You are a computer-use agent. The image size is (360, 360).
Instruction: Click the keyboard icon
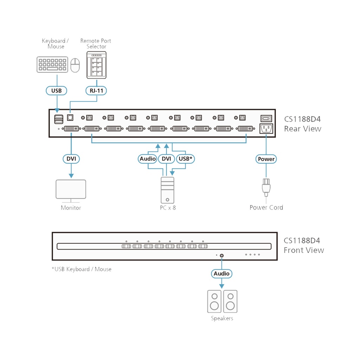pyautogui.click(x=52, y=65)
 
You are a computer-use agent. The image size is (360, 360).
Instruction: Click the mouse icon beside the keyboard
pyautogui.click(x=75, y=65)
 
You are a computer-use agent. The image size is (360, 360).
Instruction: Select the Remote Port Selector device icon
pyautogui.click(x=96, y=65)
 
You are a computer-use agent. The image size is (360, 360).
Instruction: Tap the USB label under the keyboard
pyautogui.click(x=56, y=91)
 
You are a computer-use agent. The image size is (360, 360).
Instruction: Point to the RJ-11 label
pyautogui.click(x=96, y=91)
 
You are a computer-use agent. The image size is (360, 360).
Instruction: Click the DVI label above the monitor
pyautogui.click(x=71, y=159)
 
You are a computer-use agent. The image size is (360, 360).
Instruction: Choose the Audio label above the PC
pyautogui.click(x=148, y=159)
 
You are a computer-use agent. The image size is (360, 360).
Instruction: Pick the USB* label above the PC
pyautogui.click(x=185, y=159)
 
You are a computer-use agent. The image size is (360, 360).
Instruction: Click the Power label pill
pyautogui.click(x=266, y=159)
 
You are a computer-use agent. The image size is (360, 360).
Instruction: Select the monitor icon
pyautogui.click(x=71, y=190)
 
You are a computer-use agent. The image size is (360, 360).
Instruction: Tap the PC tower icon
pyautogui.click(x=167, y=190)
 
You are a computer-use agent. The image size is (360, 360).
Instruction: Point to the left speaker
pyautogui.click(x=214, y=301)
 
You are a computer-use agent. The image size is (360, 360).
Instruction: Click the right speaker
pyautogui.click(x=230, y=301)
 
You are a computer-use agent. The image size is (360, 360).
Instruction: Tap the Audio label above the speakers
pyautogui.click(x=221, y=273)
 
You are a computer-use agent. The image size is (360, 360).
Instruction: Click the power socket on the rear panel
pyautogui.click(x=266, y=129)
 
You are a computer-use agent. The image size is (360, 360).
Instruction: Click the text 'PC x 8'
pyautogui.click(x=168, y=208)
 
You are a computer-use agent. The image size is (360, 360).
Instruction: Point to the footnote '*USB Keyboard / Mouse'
pyautogui.click(x=82, y=269)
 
